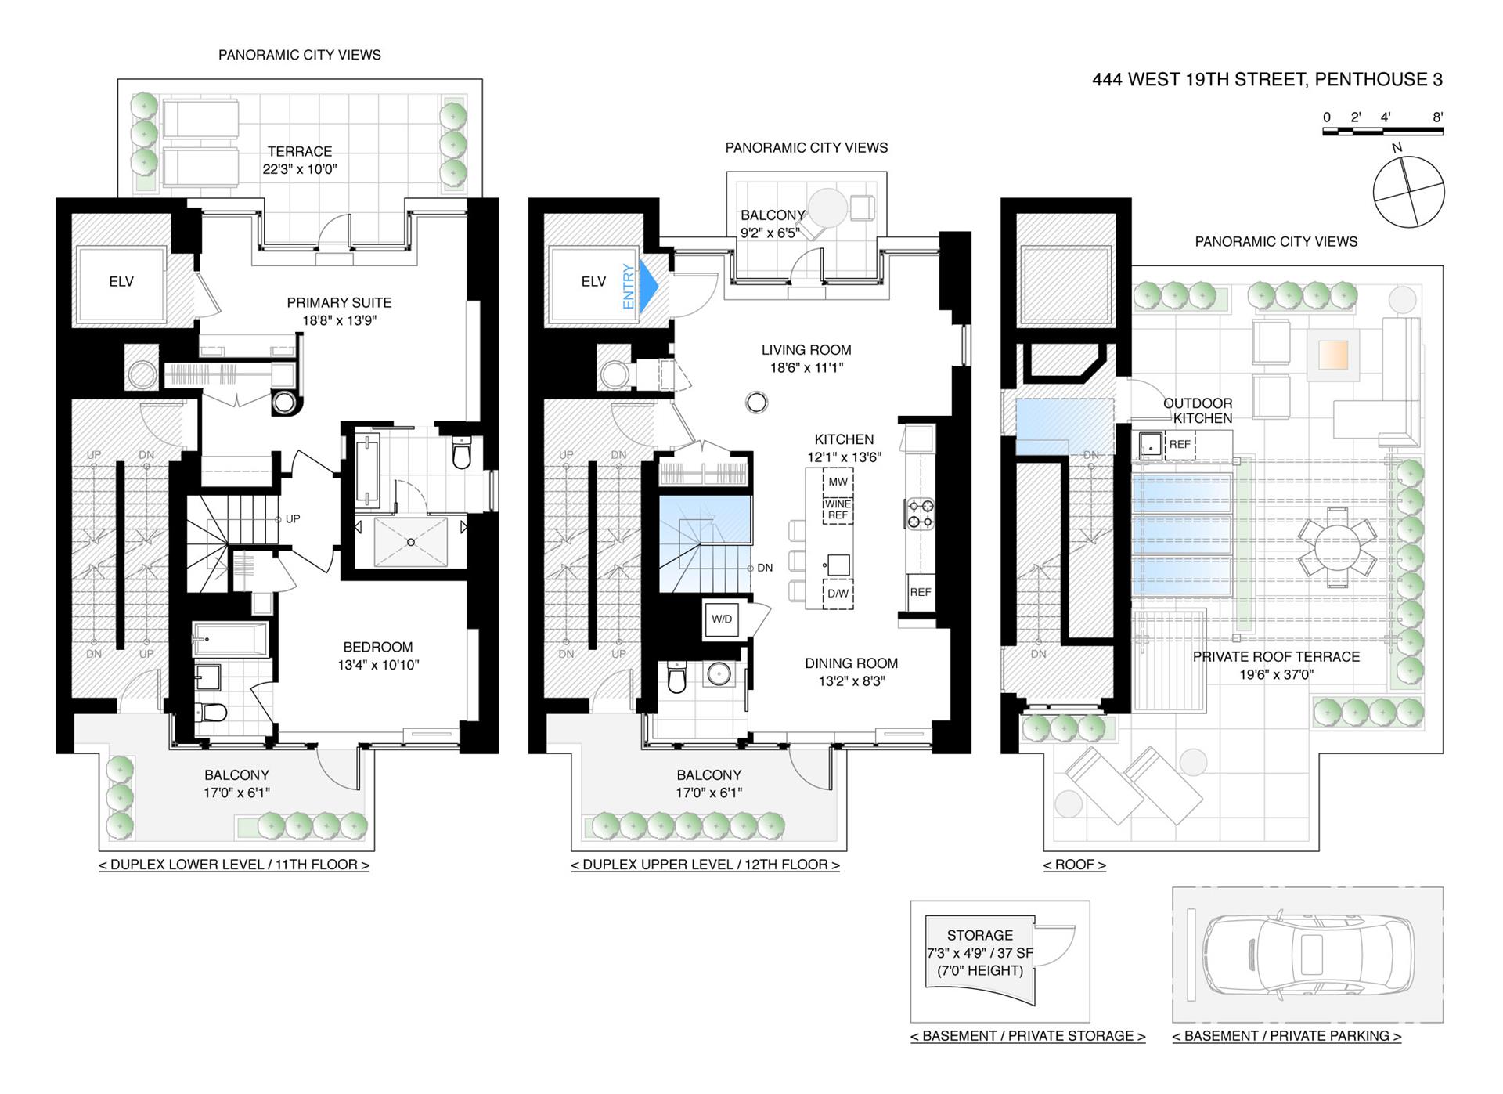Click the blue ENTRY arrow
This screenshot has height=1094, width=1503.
click(x=649, y=287)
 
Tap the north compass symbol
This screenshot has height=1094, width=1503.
click(x=1408, y=191)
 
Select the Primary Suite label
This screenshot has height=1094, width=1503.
click(x=339, y=311)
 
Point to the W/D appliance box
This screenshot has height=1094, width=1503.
click(x=722, y=619)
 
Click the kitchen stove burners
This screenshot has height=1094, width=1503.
click(x=920, y=513)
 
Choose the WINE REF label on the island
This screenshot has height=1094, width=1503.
click(x=838, y=510)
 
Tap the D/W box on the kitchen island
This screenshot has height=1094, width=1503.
click(x=838, y=594)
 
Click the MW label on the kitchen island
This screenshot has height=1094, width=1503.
click(x=838, y=482)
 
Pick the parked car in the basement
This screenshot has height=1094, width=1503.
click(x=1308, y=955)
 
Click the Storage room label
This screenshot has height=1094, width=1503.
click(x=980, y=935)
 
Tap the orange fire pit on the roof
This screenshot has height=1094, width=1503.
click(x=1333, y=354)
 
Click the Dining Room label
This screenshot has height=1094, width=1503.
click(x=852, y=663)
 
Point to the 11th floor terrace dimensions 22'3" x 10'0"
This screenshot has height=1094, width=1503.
click(x=300, y=169)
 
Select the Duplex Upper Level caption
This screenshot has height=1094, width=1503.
click(x=705, y=865)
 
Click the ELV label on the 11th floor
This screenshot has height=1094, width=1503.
click(x=121, y=282)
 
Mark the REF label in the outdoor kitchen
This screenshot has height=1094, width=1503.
click(x=1180, y=444)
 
